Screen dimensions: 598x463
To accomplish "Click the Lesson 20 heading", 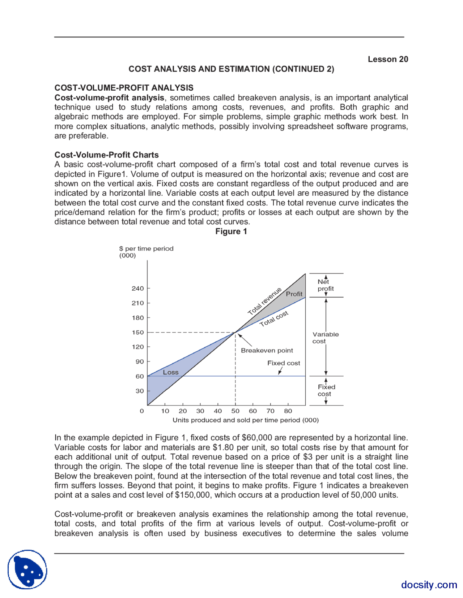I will [x=388, y=59].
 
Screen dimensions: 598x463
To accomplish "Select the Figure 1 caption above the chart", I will [x=231, y=231].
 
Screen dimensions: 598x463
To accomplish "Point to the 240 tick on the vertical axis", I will [x=138, y=289].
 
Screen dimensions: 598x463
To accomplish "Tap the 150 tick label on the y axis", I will [x=138, y=332].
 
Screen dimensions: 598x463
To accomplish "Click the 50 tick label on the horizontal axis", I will [x=235, y=411].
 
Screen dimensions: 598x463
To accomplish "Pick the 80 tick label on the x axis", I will [x=288, y=411].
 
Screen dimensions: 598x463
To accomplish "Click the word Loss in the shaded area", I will [x=171, y=372].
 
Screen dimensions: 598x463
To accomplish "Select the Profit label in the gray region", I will [x=294, y=294].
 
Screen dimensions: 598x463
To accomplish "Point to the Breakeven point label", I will [x=267, y=350].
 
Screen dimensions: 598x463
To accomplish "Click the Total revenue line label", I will [x=264, y=302].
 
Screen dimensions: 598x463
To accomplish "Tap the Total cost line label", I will [x=274, y=318].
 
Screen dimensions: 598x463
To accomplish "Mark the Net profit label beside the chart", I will [x=325, y=285].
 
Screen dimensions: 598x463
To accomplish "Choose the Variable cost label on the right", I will [x=325, y=338].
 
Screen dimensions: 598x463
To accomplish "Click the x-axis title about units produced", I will [x=246, y=420].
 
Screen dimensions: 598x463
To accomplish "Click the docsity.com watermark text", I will [x=429, y=585].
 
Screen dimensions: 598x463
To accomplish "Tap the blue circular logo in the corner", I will [x=27, y=569].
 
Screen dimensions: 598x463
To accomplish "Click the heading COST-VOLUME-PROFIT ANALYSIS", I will [x=124, y=88].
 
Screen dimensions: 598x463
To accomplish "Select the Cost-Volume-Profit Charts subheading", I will [x=107, y=155].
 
